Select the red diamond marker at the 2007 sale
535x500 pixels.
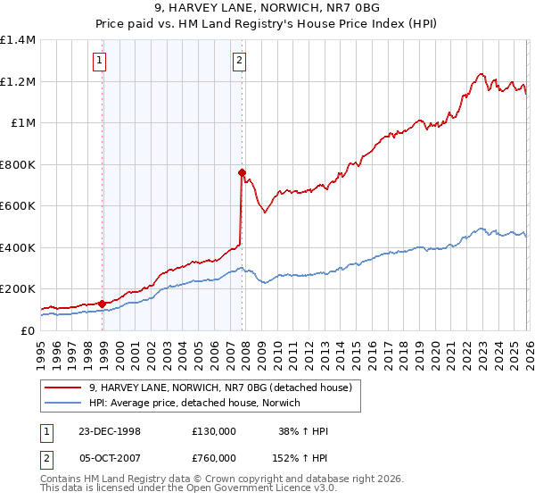tap(242, 172)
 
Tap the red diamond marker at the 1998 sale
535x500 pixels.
tap(103, 304)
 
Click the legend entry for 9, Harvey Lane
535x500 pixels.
tap(220, 387)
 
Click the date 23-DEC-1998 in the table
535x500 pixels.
tap(110, 431)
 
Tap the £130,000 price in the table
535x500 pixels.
tap(213, 431)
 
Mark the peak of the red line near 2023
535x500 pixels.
tap(481, 73)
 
